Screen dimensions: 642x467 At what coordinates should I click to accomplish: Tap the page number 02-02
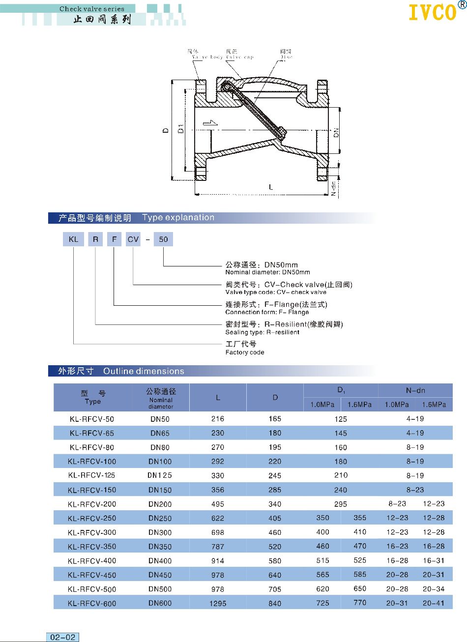[x=63, y=637]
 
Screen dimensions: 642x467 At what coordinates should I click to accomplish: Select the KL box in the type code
[x=73, y=239]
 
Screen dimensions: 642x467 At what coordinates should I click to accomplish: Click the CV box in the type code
[x=133, y=239]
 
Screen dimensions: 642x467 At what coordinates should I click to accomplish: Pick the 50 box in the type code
[x=163, y=239]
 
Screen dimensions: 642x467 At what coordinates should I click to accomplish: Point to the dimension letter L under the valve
[x=271, y=187]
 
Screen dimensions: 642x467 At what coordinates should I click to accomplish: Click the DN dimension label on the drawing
[x=336, y=132]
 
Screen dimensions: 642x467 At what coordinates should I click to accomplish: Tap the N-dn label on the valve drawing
[x=334, y=188]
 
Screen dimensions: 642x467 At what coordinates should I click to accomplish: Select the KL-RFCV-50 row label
[x=92, y=419]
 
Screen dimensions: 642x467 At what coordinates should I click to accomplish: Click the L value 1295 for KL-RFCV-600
[x=218, y=603]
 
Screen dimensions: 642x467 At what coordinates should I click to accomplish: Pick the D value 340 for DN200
[x=275, y=504]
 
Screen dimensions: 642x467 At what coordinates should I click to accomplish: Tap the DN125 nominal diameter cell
[x=160, y=475]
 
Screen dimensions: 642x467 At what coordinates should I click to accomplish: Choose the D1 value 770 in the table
[x=360, y=602]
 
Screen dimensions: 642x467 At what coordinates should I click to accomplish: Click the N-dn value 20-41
[x=434, y=603]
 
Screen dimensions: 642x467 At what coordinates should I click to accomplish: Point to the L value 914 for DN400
[x=218, y=560]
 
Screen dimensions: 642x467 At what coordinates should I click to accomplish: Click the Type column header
[x=93, y=397]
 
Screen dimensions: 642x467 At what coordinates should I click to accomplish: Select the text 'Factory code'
[x=245, y=352]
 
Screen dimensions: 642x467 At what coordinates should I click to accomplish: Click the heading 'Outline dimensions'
[x=144, y=371]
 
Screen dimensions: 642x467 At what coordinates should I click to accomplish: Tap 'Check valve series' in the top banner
[x=92, y=8]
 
